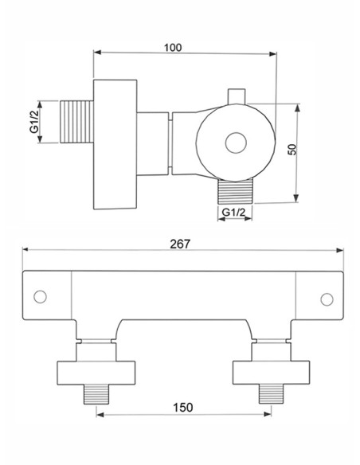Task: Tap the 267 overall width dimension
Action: [181, 244]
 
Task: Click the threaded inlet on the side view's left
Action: [77, 122]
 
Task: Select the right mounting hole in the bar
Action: [325, 299]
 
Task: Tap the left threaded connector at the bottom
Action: [96, 393]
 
